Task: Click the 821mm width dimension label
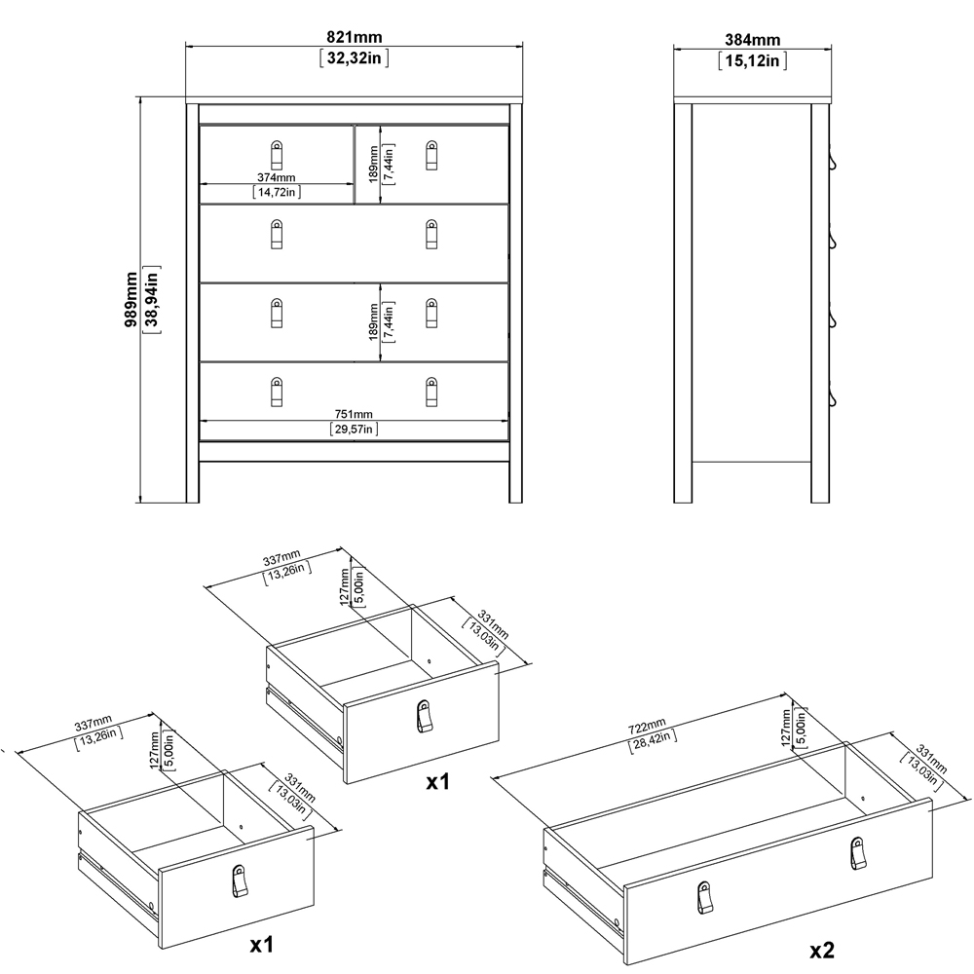point(355,37)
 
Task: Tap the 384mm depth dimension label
point(753,40)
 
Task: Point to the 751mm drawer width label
point(355,413)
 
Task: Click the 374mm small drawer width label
point(277,177)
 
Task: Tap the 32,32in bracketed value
point(355,58)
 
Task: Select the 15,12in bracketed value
point(753,61)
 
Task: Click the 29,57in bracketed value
point(355,429)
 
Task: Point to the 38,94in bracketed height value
point(152,300)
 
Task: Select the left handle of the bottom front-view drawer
point(276,390)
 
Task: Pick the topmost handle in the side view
point(833,162)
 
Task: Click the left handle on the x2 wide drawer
point(703,895)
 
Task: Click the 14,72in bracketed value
point(277,193)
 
